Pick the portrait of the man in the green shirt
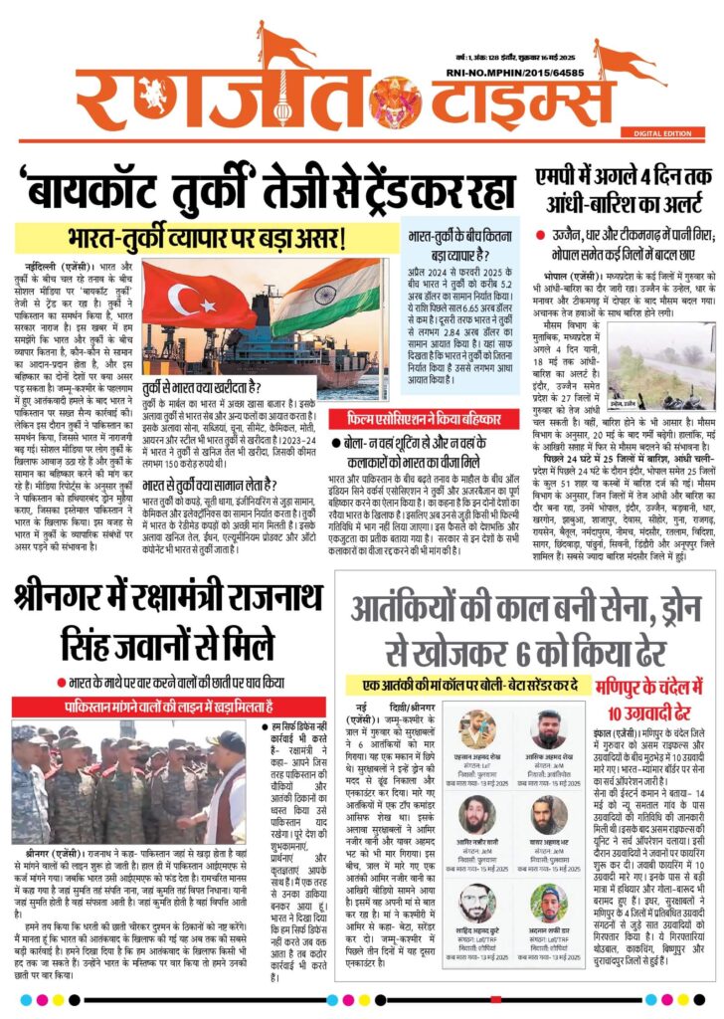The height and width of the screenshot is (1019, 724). tap(549, 900)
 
